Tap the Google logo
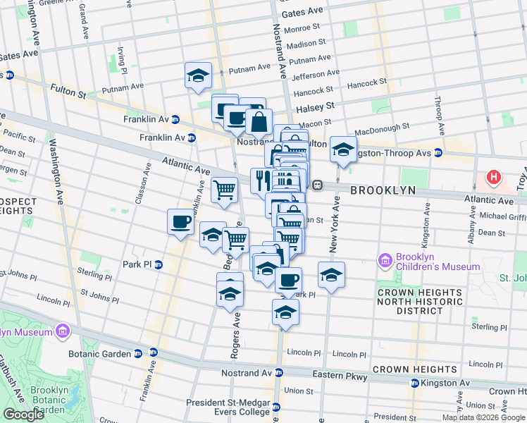[23, 415]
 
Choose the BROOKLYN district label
[383, 191]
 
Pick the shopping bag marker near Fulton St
[259, 122]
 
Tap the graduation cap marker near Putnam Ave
[199, 75]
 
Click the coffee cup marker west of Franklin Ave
[180, 222]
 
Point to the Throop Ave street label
[440, 116]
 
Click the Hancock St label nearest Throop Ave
[368, 83]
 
